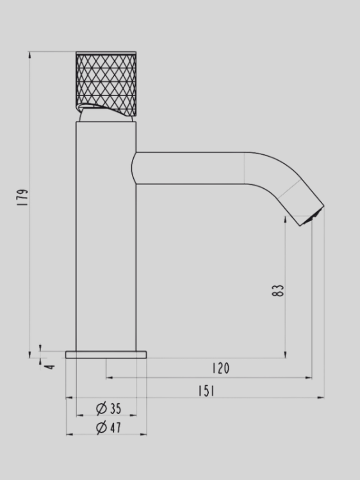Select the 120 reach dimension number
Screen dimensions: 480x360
(x=220, y=369)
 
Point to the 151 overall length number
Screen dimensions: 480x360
(x=206, y=391)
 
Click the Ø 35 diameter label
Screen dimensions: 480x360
(x=109, y=408)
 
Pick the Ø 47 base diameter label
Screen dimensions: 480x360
(x=109, y=428)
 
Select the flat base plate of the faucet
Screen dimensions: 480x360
(x=106, y=355)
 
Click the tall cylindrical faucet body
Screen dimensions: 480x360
(x=106, y=243)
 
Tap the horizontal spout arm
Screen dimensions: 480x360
(x=192, y=168)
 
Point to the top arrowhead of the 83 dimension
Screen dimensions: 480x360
(x=286, y=220)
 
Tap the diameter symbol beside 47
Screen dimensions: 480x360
(x=101, y=428)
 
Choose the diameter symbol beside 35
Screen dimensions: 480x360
(x=101, y=408)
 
